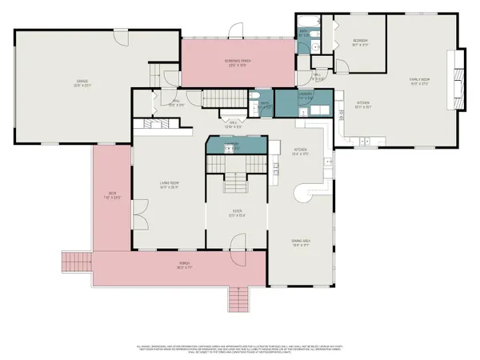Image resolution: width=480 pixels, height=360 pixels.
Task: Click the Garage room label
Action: coord(82,81)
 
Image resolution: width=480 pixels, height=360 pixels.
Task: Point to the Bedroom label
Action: coord(360,42)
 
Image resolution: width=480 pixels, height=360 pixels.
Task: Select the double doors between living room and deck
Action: coord(138,214)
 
